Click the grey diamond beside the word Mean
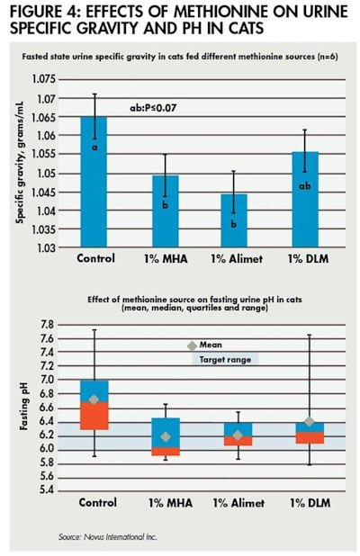click(x=191, y=345)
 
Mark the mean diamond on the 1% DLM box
click(x=310, y=422)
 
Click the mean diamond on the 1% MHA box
click(x=165, y=437)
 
